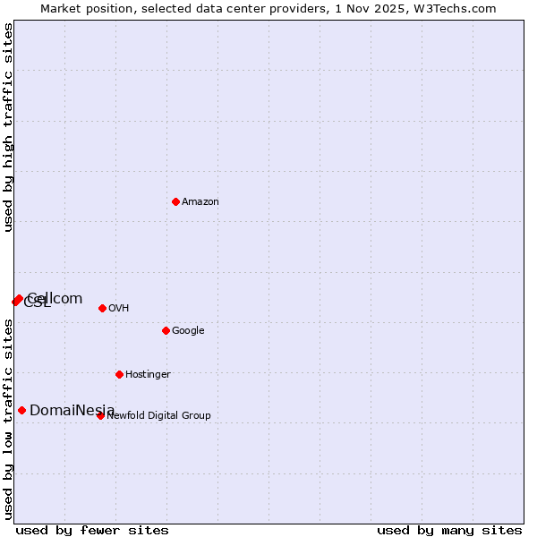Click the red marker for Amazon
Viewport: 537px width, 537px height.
pos(175,201)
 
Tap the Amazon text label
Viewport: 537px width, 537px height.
pos(200,202)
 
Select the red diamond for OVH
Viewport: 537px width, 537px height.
pos(102,308)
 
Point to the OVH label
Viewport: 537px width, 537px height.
pos(119,309)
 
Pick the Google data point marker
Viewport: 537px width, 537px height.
pos(166,330)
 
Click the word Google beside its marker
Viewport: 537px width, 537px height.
pos(188,331)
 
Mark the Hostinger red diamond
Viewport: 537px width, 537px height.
pos(119,374)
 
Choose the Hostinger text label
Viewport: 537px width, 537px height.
pos(148,375)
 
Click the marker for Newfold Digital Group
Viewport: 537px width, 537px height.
pos(100,415)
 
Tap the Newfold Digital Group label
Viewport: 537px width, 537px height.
pos(159,415)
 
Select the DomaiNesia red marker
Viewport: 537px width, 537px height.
pos(21,410)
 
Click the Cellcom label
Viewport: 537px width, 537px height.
pos(55,299)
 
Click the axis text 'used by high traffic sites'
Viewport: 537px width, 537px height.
pos(9,127)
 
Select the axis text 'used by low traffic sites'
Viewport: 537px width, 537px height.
pos(9,419)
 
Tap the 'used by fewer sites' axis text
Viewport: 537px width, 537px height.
pos(92,531)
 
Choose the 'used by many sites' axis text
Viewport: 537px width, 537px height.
pos(449,531)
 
